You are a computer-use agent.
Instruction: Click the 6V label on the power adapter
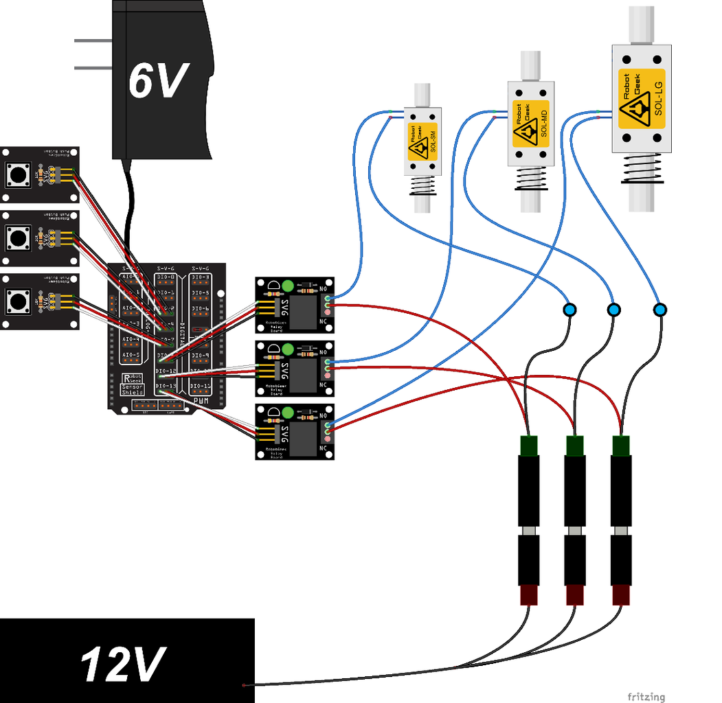pos(157,81)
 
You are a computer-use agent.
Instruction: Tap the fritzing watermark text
pos(646,696)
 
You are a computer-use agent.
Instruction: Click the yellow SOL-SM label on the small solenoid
pos(418,143)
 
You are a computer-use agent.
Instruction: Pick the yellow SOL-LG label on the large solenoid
pos(642,99)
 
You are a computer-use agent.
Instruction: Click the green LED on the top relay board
pos(288,286)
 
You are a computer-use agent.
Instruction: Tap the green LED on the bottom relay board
pos(288,413)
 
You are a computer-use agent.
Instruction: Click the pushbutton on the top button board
pos(16,174)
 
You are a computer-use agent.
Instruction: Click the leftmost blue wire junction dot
pos(569,310)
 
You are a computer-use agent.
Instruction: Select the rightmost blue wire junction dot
pos(660,310)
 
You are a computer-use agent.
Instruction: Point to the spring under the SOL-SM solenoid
pos(421,186)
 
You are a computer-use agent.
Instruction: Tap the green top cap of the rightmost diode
pos(621,445)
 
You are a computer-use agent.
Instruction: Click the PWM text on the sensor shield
pos(201,401)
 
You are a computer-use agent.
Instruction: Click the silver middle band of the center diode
pos(574,532)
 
